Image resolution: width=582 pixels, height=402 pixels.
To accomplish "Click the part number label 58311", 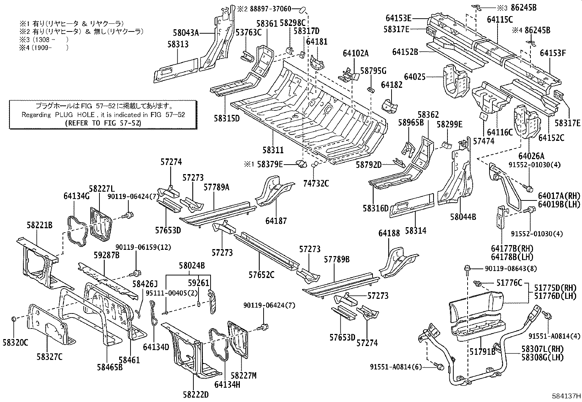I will click(273, 150).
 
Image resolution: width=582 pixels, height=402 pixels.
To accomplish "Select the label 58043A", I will click(186, 33).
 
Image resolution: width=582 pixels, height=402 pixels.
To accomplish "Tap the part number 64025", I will click(415, 77).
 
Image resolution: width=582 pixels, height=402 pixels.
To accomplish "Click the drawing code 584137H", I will click(566, 396).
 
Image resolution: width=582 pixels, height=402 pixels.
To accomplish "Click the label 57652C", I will click(261, 274).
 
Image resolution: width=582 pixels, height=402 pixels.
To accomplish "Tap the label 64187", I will click(276, 221).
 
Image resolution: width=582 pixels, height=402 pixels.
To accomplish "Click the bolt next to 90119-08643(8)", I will click(468, 269).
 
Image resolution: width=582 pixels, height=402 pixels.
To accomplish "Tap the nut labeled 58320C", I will click(13, 319).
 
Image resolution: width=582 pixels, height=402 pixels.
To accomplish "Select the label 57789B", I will click(337, 259).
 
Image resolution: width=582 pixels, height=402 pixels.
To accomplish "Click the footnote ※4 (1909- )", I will click(44, 48).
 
